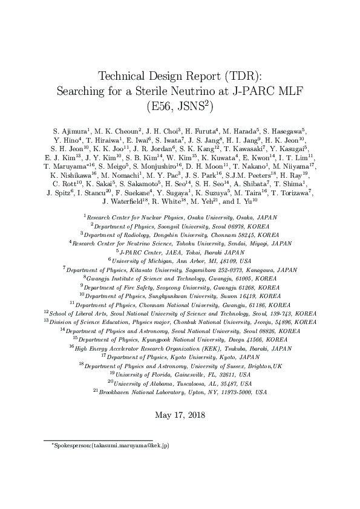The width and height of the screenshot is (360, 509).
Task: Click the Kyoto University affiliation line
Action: [180, 357]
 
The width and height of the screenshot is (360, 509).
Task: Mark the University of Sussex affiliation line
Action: [180, 366]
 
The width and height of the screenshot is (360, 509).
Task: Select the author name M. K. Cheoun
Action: [118, 130]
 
